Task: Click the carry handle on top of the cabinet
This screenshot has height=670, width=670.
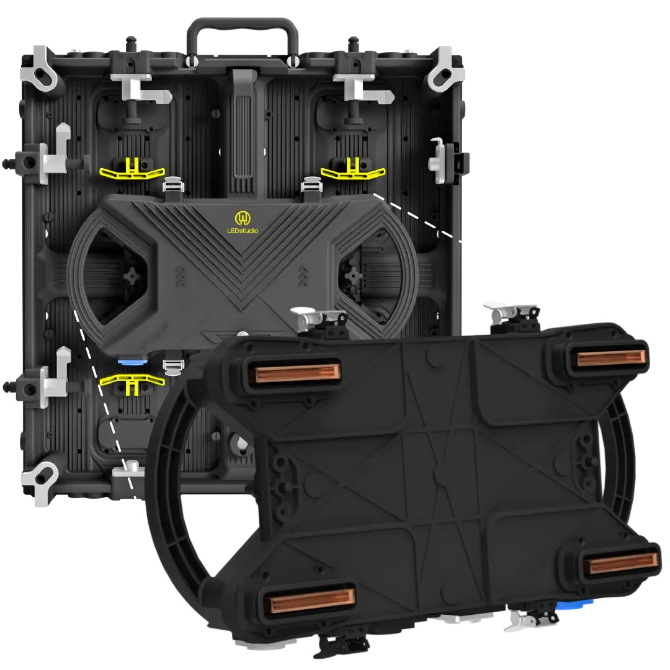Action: [x=243, y=25]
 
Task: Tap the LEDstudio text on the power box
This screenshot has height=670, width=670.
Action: [x=243, y=231]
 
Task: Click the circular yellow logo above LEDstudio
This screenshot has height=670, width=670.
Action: [x=242, y=218]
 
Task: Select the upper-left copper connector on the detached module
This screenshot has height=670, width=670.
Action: [x=297, y=372]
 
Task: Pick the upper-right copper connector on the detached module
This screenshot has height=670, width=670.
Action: [x=611, y=358]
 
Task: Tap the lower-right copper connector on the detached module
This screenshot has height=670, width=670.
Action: [x=623, y=563]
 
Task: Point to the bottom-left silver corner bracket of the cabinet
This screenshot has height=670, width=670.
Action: [x=40, y=479]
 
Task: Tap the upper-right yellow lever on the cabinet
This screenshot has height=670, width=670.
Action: [x=353, y=169]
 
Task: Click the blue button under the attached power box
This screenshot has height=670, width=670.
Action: [x=132, y=362]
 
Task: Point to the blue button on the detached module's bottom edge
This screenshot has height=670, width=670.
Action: [x=576, y=604]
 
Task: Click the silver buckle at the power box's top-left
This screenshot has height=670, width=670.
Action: [x=174, y=185]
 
